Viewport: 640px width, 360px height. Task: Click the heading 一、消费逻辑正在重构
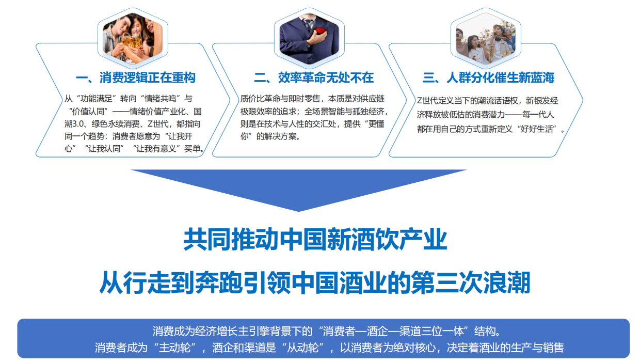pos(135,78)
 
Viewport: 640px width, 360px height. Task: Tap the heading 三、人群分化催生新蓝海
pos(488,78)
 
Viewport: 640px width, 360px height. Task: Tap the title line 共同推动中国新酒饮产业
pos(315,241)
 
